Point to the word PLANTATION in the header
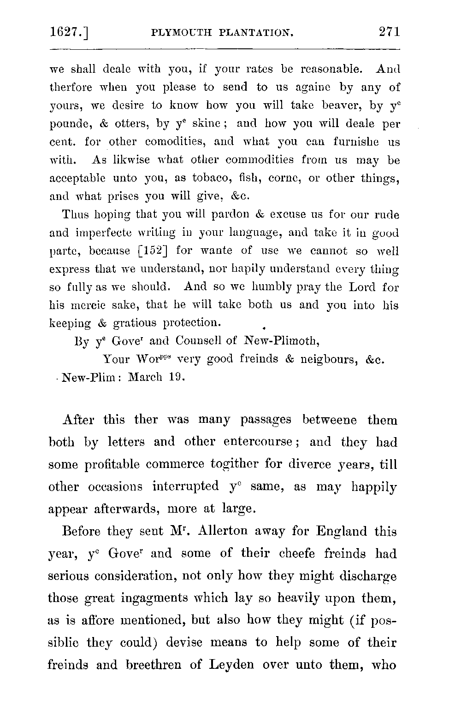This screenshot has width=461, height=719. pos(256,33)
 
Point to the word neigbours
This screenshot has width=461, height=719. pos(328,359)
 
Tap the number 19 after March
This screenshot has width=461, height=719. pos(176,377)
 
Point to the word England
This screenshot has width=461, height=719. pos(342,532)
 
